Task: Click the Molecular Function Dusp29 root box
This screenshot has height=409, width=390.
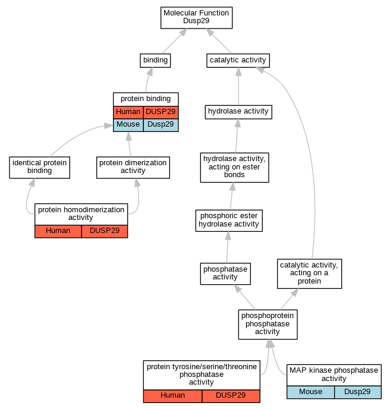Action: pyautogui.click(x=196, y=18)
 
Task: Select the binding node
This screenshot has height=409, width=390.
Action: pyautogui.click(x=155, y=61)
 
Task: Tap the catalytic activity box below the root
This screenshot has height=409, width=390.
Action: pyautogui.click(x=238, y=61)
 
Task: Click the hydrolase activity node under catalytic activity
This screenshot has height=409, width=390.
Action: pyautogui.click(x=238, y=112)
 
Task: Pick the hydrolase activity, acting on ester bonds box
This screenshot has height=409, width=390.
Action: pyautogui.click(x=234, y=168)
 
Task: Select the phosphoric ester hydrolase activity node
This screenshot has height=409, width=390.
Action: pyautogui.click(x=229, y=221)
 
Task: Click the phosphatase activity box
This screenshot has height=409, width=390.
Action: pyautogui.click(x=225, y=273)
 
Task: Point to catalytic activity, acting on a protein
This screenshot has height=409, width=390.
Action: pyautogui.click(x=309, y=273)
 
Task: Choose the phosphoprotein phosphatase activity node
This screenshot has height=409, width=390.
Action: pyautogui.click(x=268, y=325)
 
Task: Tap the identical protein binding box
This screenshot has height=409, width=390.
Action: pyautogui.click(x=39, y=168)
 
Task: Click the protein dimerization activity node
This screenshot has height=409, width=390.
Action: pyautogui.click(x=133, y=168)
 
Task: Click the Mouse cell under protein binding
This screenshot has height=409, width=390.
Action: pyautogui.click(x=128, y=125)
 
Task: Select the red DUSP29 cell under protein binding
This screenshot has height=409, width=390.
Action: pyautogui.click(x=161, y=112)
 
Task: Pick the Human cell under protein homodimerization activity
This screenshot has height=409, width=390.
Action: pyautogui.click(x=58, y=231)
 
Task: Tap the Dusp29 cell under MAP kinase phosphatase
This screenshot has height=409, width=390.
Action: pyautogui.click(x=358, y=392)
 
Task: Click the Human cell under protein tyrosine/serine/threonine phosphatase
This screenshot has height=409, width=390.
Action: pyautogui.click(x=172, y=396)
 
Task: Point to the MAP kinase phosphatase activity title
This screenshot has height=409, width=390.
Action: pyautogui.click(x=334, y=375)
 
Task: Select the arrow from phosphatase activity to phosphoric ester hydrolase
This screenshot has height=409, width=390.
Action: pyautogui.click(x=228, y=247)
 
